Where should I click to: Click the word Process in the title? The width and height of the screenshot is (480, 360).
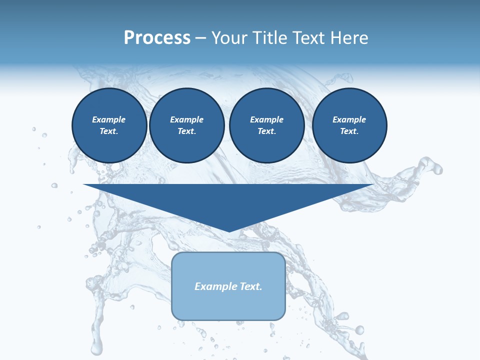point(157,38)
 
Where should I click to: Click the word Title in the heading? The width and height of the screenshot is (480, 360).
point(269,38)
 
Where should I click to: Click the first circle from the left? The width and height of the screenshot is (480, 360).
point(109,125)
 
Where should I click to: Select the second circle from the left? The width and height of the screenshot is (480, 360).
point(186,125)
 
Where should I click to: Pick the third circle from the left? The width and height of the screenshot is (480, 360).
point(266,125)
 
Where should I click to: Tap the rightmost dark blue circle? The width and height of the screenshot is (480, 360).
point(349,125)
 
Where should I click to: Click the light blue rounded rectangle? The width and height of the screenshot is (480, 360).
point(228,305)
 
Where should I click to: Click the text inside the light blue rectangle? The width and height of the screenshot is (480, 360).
point(228,286)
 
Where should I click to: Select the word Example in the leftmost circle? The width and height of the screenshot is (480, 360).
point(109,119)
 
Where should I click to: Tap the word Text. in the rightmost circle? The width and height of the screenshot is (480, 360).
point(349,131)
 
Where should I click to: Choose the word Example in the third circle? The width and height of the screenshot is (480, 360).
point(266,119)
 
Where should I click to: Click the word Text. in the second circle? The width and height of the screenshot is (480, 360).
point(186,131)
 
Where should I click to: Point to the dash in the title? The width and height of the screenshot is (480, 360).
point(200,38)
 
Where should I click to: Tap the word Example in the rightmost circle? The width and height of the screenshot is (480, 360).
point(349,119)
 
